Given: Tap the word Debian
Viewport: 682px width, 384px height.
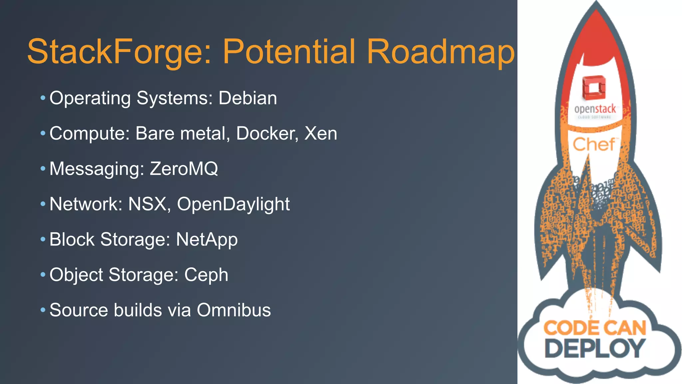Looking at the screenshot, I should point(248,98).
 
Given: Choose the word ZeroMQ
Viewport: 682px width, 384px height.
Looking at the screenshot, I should point(184,168).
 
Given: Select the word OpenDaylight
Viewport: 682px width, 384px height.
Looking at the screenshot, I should point(233,204).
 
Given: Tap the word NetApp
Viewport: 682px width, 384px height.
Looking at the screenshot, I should point(207,240).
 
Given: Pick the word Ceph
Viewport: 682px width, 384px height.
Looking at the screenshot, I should point(206,275).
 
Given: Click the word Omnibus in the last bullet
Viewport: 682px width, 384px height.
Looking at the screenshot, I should point(234,310).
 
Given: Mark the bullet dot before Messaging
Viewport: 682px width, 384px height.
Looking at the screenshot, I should point(43,169).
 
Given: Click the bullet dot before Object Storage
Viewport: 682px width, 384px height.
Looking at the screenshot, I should point(43,275).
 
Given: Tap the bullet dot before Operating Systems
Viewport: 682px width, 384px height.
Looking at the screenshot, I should point(43,98).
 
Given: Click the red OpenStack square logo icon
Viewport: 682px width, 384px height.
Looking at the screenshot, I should point(594,87).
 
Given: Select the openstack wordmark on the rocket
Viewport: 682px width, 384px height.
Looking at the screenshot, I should point(595,109).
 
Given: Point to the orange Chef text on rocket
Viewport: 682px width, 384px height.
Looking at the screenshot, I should point(594,144).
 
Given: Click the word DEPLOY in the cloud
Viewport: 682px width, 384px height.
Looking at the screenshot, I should point(595,348).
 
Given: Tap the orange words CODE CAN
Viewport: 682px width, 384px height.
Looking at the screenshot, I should point(595,328).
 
